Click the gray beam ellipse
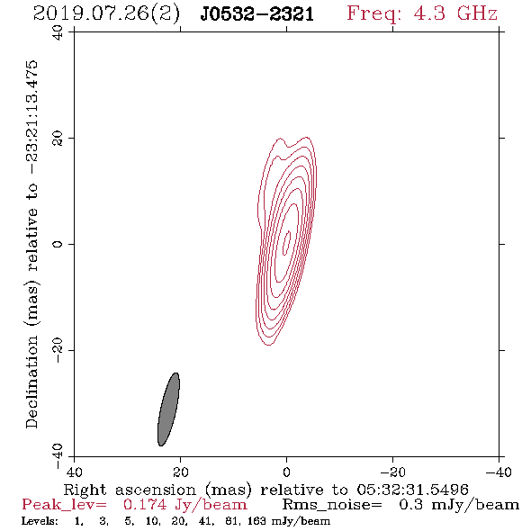coord(168,409)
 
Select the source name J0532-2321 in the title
coord(257,14)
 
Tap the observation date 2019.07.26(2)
coord(107,14)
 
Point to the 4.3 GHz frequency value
coord(455,13)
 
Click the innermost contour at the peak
coord(287,243)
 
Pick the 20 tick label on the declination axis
coord(58,139)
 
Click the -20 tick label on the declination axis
coord(58,350)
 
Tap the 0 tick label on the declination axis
coord(58,244)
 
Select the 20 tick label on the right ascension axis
coord(181,472)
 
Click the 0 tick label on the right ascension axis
coord(287,472)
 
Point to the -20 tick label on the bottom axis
coord(392,472)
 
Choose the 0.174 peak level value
coord(145,505)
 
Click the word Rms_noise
coord(332,505)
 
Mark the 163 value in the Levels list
coord(258,520)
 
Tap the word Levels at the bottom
coord(40,520)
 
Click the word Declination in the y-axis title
coord(31,382)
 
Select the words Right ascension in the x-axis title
coord(130,490)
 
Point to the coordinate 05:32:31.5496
coord(412,490)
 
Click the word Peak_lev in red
coord(64,505)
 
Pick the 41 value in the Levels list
coord(205,521)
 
